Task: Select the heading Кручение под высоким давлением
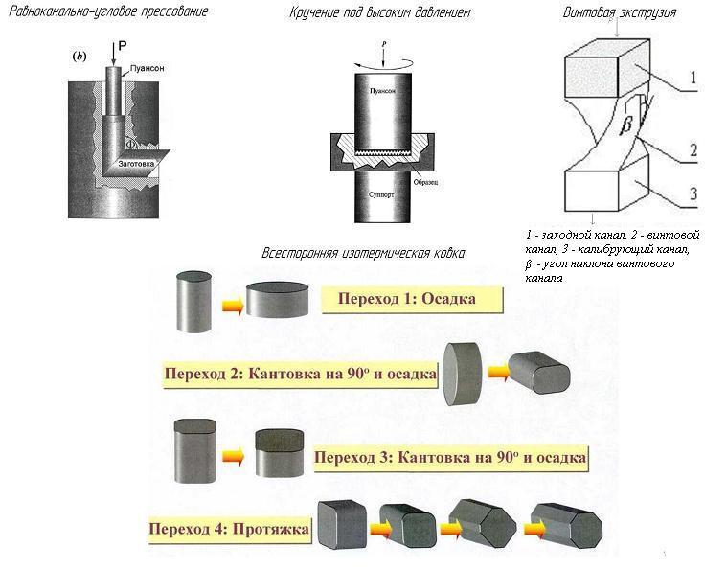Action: [x=380, y=13]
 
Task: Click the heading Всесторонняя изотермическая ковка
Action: [x=363, y=254]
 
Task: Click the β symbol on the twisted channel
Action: [x=625, y=125]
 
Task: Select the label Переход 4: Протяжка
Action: [x=230, y=528]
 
